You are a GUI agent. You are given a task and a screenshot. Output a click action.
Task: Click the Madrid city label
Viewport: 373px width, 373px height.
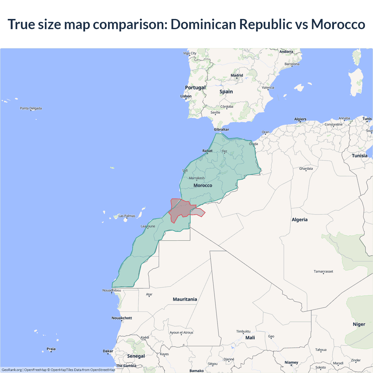point(237,75)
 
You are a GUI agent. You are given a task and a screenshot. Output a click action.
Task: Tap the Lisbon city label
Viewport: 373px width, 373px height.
point(186,96)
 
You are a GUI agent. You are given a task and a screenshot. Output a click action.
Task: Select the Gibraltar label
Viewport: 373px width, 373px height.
point(221,129)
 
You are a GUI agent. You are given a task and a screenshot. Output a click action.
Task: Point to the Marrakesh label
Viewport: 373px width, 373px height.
point(197,178)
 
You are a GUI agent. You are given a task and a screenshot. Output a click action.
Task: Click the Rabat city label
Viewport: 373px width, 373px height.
point(207,151)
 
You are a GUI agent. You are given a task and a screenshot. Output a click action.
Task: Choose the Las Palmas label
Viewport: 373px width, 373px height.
point(127,216)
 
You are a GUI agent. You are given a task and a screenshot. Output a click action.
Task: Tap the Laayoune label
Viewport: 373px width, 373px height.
point(148,226)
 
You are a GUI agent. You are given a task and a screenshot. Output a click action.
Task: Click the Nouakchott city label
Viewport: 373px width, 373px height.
point(122,318)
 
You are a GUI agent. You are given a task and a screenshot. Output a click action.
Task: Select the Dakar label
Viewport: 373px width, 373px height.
point(108,351)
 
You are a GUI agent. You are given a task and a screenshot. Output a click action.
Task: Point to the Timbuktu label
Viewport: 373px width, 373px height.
point(243,331)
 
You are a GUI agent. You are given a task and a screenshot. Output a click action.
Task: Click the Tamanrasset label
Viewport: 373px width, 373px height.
point(323,271)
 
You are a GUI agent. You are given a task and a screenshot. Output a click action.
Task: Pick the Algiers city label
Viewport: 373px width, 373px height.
point(300,119)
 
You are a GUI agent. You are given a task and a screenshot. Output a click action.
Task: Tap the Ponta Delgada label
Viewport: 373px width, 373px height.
point(31,108)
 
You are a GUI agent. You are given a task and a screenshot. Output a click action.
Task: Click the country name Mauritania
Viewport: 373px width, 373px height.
point(185,299)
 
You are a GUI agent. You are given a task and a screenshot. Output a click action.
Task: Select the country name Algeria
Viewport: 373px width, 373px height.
point(300,220)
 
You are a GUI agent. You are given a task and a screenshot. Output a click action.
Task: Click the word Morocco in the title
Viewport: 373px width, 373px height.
point(338,24)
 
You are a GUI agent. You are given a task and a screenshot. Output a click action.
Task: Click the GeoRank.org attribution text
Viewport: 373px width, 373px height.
point(12,370)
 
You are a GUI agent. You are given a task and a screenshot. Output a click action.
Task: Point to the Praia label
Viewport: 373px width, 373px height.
point(51,349)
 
